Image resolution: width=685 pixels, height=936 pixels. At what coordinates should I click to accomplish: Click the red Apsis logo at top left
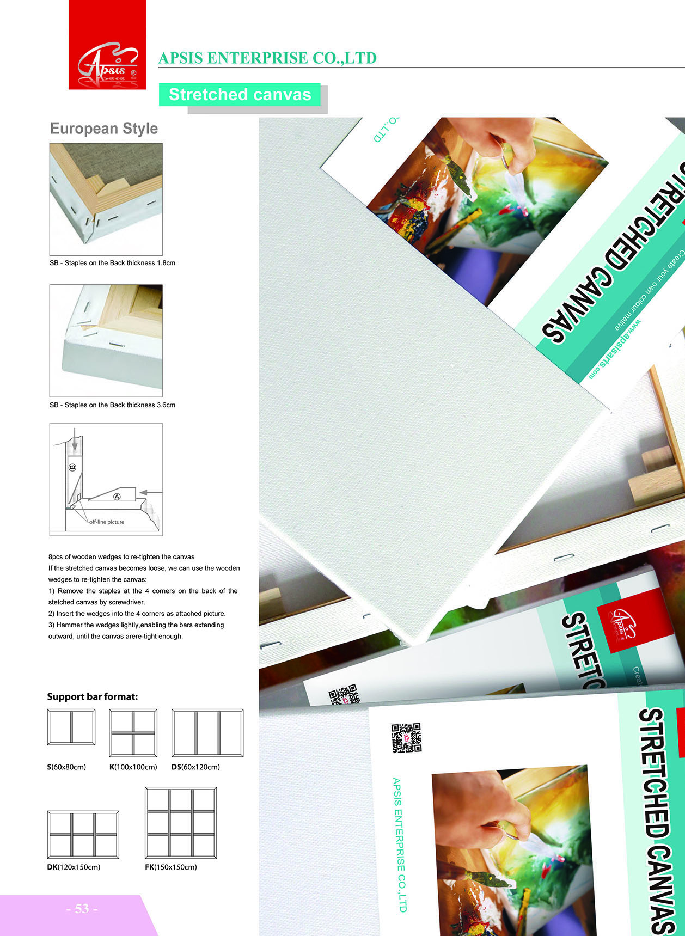(x=107, y=45)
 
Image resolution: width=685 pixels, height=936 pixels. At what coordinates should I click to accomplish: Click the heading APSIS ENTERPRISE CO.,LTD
(x=267, y=58)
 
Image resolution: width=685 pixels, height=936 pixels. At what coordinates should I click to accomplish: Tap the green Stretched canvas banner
(x=240, y=95)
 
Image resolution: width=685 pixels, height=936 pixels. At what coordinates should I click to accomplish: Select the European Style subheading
(x=104, y=129)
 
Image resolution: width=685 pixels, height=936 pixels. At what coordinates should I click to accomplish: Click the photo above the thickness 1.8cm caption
(x=106, y=199)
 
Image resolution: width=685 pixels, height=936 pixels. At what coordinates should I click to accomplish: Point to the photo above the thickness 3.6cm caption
(x=106, y=341)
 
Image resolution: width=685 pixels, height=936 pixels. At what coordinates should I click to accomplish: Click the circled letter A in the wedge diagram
(x=117, y=497)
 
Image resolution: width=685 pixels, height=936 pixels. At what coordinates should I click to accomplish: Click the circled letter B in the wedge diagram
(x=72, y=467)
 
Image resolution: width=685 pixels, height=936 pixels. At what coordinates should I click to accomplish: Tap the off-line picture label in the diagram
(x=107, y=522)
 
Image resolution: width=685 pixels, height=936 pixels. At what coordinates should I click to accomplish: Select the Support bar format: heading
(x=93, y=696)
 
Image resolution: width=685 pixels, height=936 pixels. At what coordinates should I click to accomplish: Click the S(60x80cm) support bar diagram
(x=71, y=727)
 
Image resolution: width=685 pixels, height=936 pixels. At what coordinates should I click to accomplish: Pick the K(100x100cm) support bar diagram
(x=133, y=733)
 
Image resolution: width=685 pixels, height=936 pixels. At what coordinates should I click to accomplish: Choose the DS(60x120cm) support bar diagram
(x=207, y=733)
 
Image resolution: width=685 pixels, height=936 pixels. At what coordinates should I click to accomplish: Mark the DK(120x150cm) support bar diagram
(x=83, y=835)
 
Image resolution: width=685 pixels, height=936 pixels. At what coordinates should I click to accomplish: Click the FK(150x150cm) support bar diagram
(x=181, y=823)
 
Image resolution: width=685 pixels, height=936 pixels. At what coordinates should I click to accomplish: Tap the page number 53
(x=82, y=909)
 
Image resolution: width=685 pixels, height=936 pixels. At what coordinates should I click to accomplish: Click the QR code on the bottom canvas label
(x=406, y=738)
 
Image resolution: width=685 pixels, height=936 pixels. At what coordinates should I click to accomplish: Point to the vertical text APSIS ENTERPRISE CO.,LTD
(x=399, y=845)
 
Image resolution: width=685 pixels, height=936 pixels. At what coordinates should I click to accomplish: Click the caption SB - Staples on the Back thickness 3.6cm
(x=113, y=405)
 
